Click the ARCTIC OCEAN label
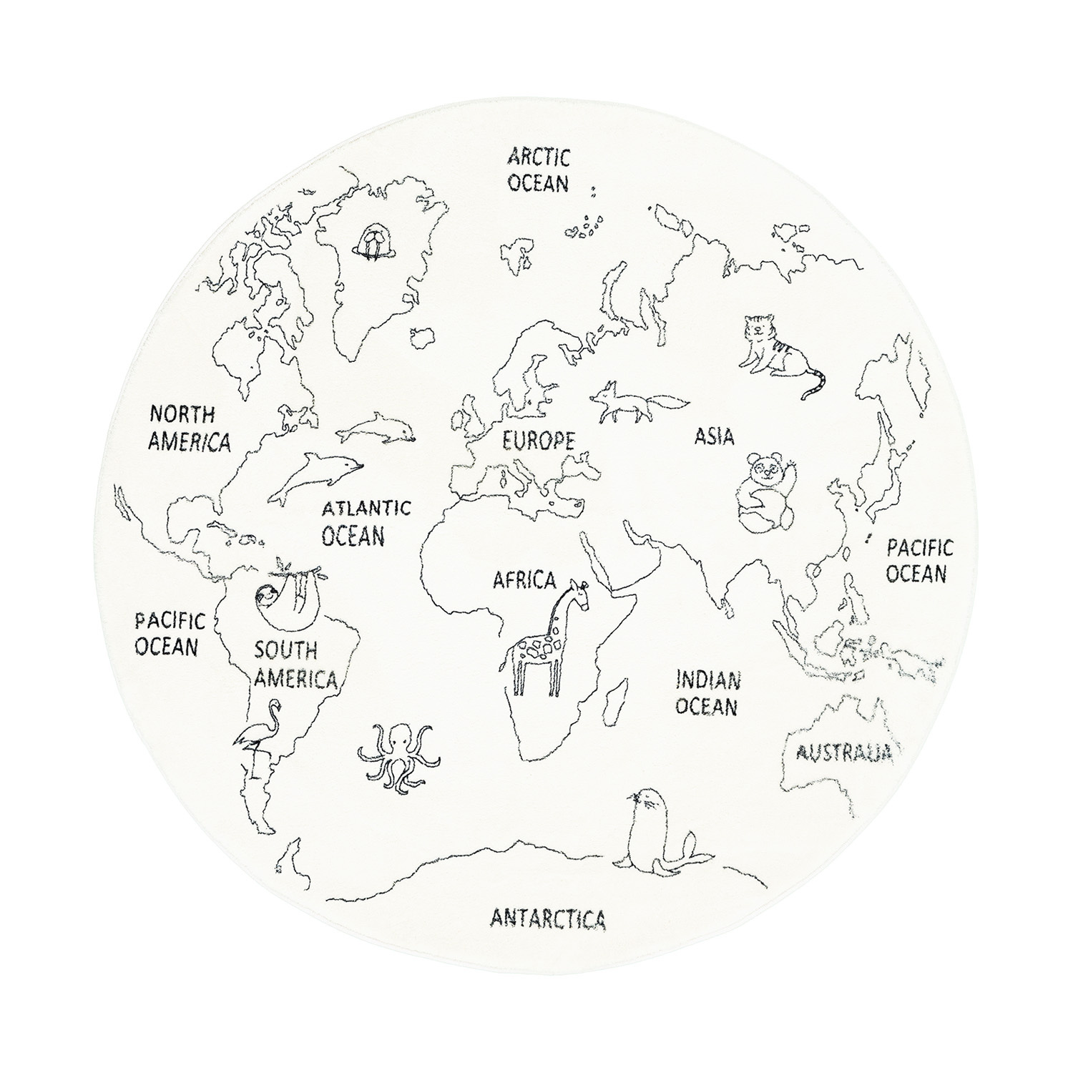tap(539, 170)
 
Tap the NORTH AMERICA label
tap(190, 428)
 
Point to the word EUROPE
tap(538, 441)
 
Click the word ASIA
tap(714, 436)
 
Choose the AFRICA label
tap(524, 580)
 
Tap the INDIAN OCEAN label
tap(707, 692)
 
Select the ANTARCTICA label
tap(549, 918)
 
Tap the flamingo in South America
tap(255, 737)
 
